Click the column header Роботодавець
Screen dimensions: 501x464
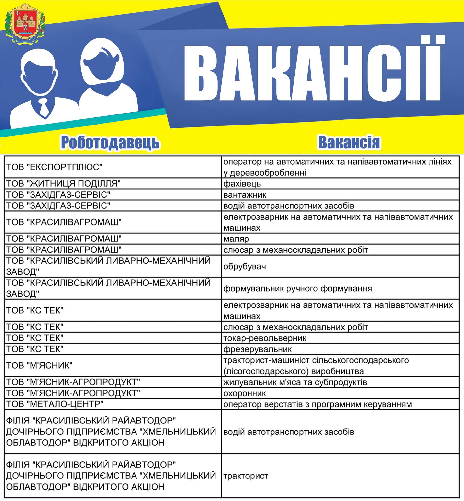(x=110, y=143)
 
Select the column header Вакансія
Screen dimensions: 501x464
(x=349, y=142)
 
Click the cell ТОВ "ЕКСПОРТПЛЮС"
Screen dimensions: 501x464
(x=54, y=167)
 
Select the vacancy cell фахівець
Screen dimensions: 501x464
(x=242, y=184)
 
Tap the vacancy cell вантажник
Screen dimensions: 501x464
(x=245, y=195)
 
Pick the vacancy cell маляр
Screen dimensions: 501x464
(x=236, y=239)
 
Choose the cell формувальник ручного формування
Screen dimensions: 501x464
(x=297, y=289)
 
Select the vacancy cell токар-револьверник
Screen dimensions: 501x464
(x=265, y=338)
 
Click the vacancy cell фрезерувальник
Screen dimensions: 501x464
(x=257, y=349)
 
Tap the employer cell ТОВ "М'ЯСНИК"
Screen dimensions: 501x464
(x=39, y=365)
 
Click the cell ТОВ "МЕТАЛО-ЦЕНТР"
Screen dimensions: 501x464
(x=55, y=404)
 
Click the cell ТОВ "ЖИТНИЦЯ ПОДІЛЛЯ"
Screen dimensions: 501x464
(x=63, y=184)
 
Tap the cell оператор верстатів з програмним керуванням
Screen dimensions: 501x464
(x=317, y=404)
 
